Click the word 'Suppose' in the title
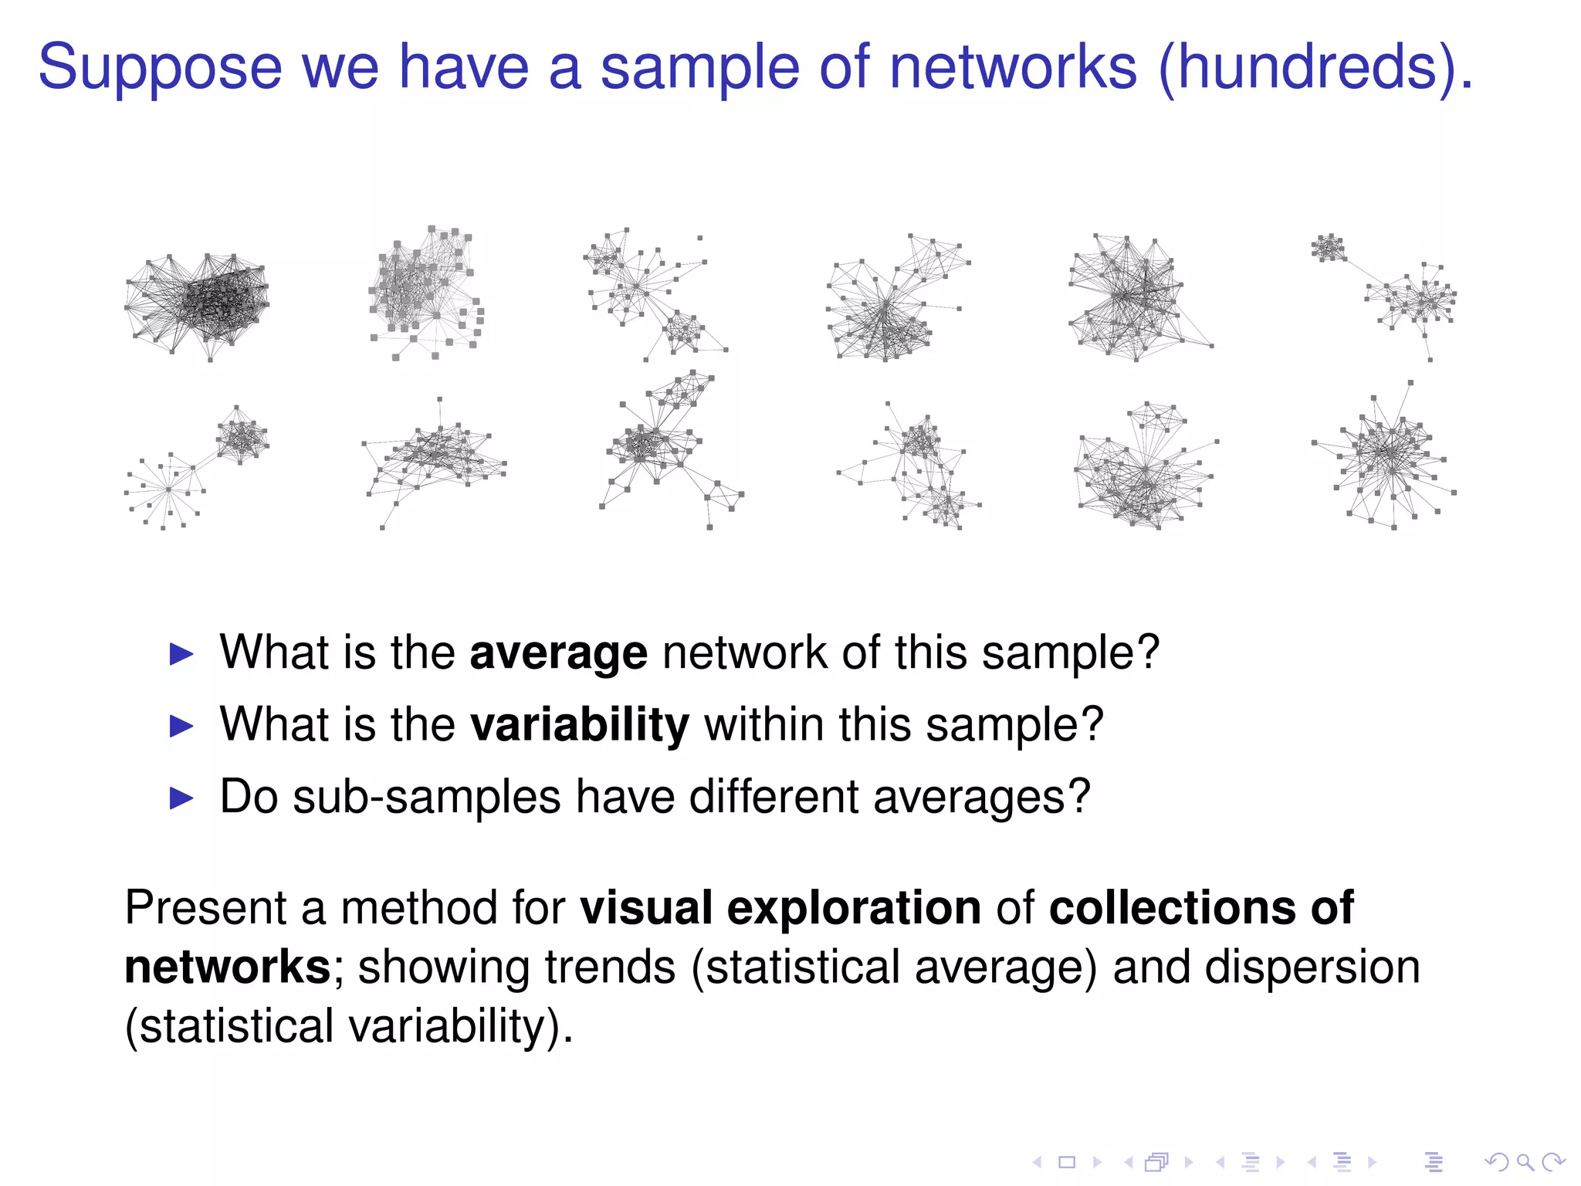coord(160,68)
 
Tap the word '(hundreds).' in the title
coord(1315,68)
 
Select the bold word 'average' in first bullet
coord(557,653)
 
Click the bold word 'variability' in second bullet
coord(579,725)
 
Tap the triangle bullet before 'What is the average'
coord(181,654)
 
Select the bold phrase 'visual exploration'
coord(780,907)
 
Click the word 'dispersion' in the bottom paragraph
coord(1312,967)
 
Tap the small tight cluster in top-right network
coord(1329,248)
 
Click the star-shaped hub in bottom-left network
coord(168,489)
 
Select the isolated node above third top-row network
coord(699,239)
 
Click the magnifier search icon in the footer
coord(1524,1161)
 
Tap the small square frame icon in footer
coord(1067,1161)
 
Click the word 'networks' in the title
coord(1014,68)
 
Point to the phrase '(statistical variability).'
coord(349,1027)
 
